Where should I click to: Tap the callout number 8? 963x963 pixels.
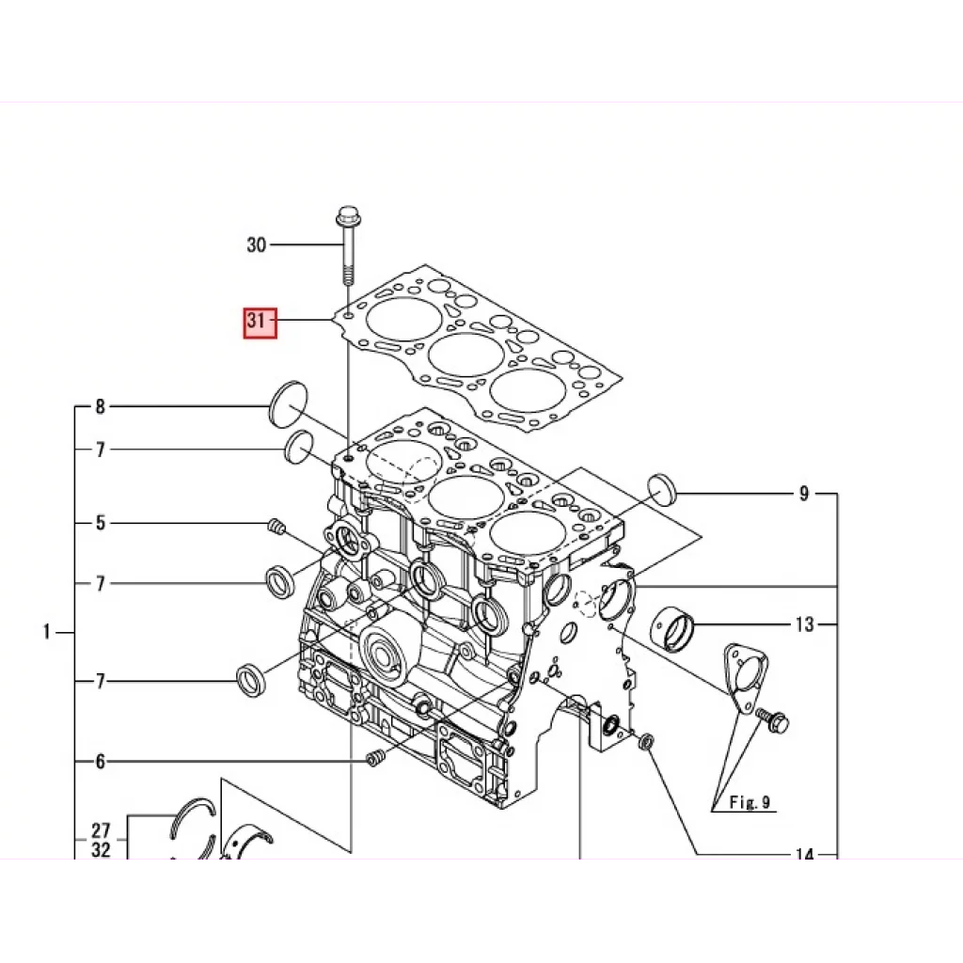(x=100, y=407)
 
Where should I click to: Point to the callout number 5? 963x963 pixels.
(x=100, y=522)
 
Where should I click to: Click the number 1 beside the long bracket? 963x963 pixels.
(x=46, y=633)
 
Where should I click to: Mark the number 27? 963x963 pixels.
(x=101, y=831)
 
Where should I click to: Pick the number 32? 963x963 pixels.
(x=101, y=850)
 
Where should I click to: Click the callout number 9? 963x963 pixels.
(x=804, y=494)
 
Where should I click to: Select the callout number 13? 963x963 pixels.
(x=804, y=624)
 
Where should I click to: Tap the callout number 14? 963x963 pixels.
(x=804, y=855)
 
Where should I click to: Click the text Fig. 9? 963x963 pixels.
(x=750, y=802)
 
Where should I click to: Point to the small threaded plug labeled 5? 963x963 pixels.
(x=276, y=527)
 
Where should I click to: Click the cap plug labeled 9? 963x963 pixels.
(x=663, y=490)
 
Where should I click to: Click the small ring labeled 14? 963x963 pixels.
(x=646, y=744)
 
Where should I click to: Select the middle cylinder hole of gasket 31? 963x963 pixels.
(x=466, y=355)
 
